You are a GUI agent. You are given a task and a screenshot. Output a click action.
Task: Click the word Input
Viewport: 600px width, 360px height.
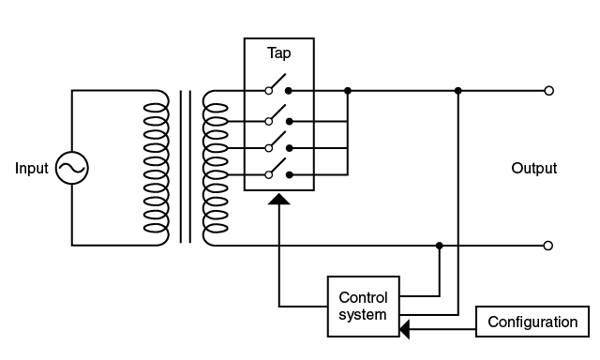31,169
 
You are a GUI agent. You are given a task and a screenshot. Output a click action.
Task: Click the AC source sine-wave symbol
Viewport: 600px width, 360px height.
72,169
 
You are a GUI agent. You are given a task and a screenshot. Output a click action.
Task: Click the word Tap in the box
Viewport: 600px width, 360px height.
278,54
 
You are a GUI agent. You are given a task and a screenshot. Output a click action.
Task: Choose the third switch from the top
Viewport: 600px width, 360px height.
277,144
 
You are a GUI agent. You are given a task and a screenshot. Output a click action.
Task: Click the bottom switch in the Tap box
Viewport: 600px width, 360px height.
277,171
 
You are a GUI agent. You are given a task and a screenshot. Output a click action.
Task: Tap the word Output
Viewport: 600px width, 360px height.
534,169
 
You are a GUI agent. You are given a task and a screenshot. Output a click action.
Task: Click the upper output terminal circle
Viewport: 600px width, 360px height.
548,91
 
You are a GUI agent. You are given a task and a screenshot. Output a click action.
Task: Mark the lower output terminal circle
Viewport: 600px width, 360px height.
548,246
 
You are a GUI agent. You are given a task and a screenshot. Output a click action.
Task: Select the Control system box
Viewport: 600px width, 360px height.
362,307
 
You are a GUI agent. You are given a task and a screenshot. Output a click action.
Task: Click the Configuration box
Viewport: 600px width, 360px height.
532,322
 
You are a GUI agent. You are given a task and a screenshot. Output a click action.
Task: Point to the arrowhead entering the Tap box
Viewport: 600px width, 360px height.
279,199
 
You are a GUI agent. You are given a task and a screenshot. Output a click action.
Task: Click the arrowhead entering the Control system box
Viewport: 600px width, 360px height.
405,328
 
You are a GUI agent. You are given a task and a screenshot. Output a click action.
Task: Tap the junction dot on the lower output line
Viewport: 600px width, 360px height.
439,246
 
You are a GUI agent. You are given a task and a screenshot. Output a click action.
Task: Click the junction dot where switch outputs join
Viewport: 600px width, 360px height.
348,91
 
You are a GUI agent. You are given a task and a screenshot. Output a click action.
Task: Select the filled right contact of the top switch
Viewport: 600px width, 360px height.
289,91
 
